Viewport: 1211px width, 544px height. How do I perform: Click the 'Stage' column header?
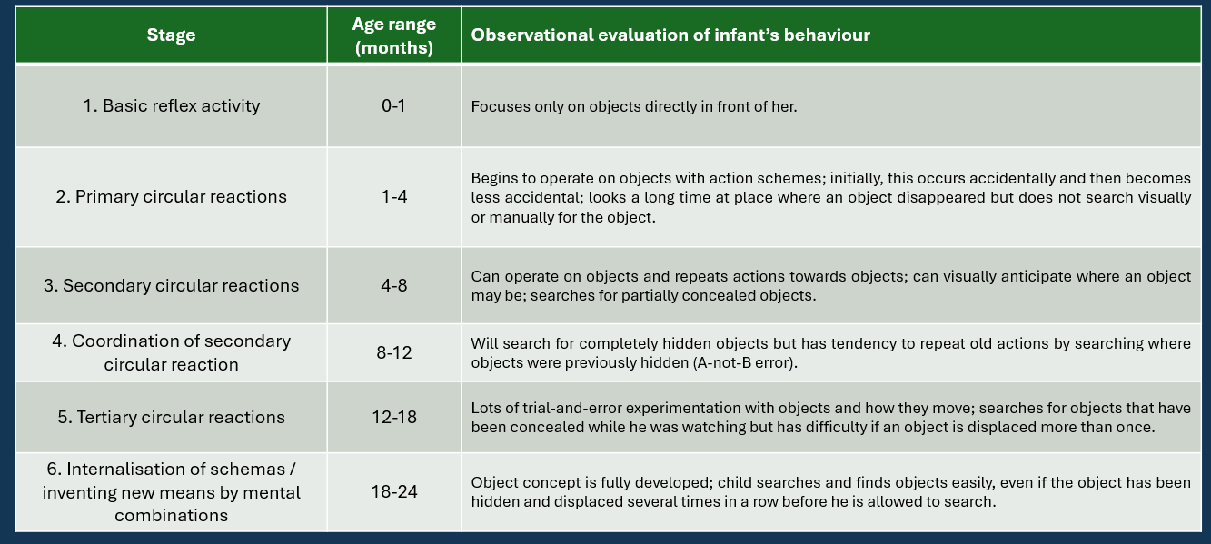click(171, 35)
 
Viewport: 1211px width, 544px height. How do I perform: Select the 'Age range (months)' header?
click(394, 35)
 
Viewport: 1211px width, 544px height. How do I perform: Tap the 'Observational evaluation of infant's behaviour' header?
click(670, 35)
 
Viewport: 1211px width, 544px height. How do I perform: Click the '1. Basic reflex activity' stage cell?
click(171, 106)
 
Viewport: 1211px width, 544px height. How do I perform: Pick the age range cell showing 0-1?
click(393, 106)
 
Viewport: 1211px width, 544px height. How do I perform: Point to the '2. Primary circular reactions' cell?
click(171, 197)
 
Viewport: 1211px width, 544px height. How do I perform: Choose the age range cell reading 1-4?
click(394, 197)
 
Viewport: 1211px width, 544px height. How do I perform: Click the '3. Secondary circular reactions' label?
click(171, 286)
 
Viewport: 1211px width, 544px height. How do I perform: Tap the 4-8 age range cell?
click(394, 286)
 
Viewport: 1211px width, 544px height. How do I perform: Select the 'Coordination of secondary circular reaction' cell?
click(171, 352)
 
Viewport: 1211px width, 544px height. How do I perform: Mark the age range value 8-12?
click(394, 352)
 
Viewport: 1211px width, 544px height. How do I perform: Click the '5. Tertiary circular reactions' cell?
click(171, 418)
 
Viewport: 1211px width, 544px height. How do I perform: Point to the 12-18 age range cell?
click(394, 418)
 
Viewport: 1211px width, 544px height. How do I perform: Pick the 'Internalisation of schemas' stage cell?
click(171, 492)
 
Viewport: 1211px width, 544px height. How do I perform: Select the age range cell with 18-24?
click(394, 491)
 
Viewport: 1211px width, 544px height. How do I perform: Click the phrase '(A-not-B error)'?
click(745, 363)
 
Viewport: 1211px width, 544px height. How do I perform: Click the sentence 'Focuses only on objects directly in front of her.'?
click(634, 107)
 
